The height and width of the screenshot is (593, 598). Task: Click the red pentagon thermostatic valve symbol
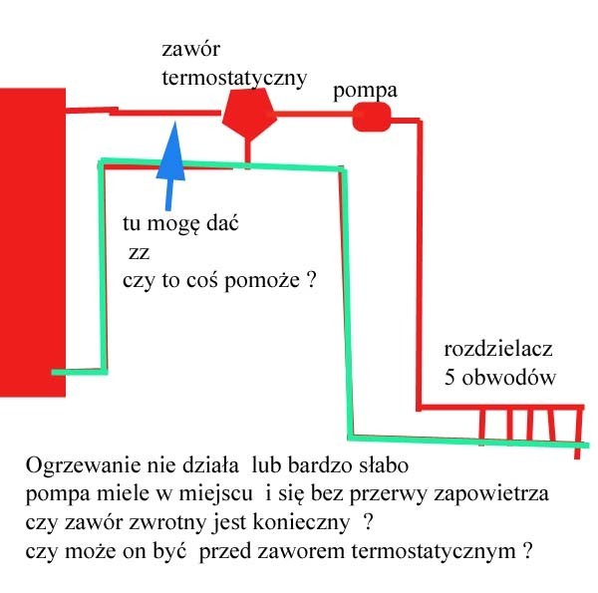pyautogui.click(x=249, y=114)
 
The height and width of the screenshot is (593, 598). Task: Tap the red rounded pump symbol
pyautogui.click(x=372, y=117)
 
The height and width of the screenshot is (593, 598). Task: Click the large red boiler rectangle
pyautogui.click(x=33, y=242)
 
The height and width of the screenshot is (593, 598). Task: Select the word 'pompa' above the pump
pyautogui.click(x=365, y=92)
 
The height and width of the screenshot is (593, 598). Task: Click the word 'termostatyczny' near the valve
pyautogui.click(x=234, y=78)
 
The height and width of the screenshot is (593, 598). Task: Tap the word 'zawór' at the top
pyautogui.click(x=191, y=49)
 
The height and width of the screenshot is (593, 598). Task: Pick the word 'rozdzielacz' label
pyautogui.click(x=498, y=349)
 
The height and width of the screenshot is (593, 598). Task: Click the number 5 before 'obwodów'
pyautogui.click(x=450, y=378)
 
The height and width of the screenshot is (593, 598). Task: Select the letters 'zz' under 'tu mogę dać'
pyautogui.click(x=140, y=253)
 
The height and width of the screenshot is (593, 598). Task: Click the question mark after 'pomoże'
pyautogui.click(x=312, y=279)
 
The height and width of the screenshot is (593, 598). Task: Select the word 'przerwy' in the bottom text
pyautogui.click(x=389, y=493)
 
